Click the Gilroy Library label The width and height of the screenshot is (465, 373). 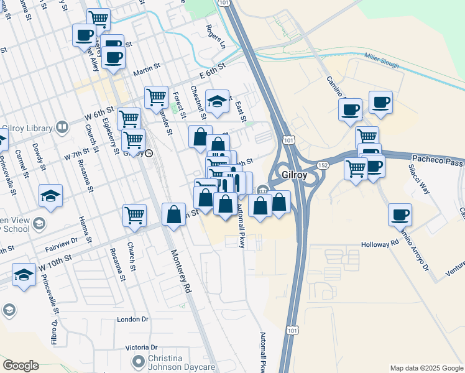30,128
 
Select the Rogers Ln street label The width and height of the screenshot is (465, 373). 216,37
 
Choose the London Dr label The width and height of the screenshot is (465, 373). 133,319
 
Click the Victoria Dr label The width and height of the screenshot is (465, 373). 141,348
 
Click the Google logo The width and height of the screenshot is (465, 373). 21,366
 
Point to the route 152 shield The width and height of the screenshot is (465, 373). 323,165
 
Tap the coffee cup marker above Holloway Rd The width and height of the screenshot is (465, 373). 400,215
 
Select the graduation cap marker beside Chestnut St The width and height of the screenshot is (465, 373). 216,102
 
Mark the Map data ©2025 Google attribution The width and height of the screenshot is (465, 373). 426,368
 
